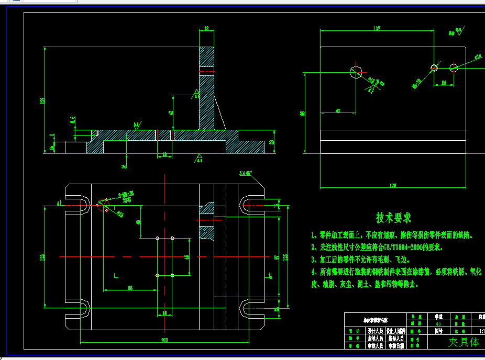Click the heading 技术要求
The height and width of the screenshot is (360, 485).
393,218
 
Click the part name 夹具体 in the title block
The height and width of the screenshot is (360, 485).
463,342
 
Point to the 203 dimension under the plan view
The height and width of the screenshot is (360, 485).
164,340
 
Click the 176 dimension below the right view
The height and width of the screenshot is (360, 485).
393,185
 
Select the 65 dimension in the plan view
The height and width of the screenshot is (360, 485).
130,287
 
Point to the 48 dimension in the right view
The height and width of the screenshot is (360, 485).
338,110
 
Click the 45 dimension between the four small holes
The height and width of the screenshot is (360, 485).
187,257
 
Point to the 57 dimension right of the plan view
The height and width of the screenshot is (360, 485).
276,256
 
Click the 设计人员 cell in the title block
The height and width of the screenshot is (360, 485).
375,331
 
